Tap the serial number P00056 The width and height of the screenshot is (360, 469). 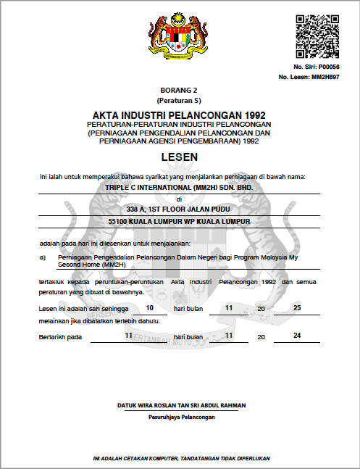pos(328,67)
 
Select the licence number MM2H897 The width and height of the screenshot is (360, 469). pos(325,76)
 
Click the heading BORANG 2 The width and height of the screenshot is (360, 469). pos(179,89)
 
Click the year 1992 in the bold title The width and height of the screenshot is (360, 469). pos(252,115)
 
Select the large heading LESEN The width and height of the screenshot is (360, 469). pos(179,157)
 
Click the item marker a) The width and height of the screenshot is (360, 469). pos(43,257)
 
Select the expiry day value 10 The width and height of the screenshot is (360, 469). pos(149,307)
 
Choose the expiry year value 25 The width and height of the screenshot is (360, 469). pos(297,307)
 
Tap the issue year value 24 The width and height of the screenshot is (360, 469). pos(297,336)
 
